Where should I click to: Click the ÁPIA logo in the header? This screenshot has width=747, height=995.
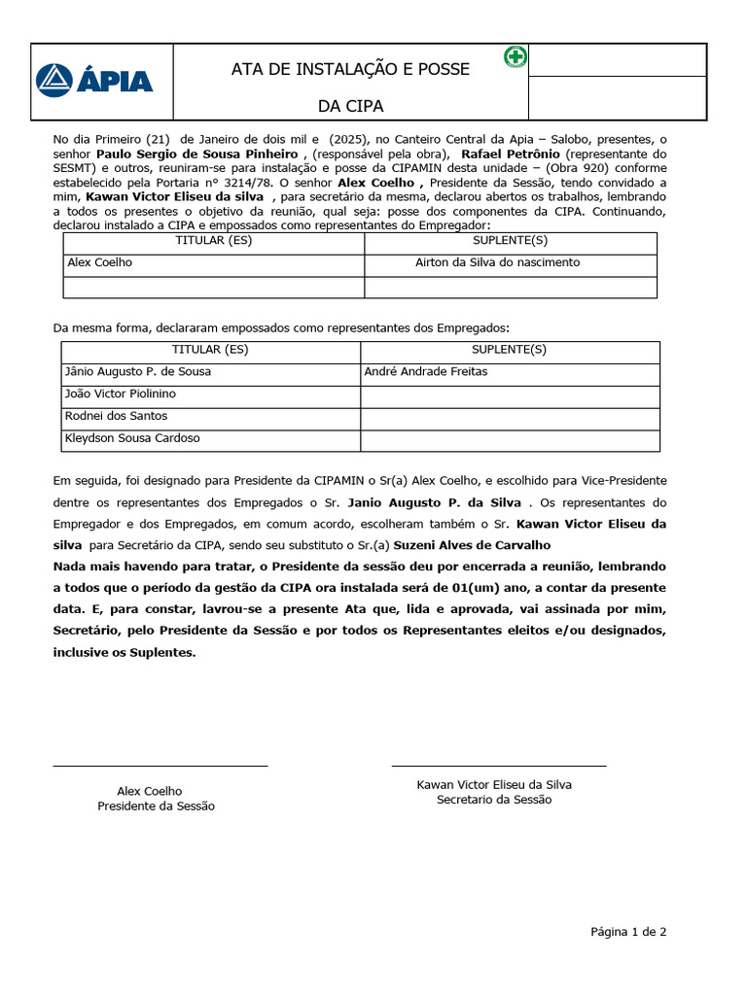(94, 80)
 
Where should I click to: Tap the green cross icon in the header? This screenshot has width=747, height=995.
(515, 57)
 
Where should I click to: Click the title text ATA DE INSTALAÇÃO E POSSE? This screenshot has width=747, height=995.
(350, 70)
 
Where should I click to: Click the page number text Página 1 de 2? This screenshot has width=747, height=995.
(628, 932)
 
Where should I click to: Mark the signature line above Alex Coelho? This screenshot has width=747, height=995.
(160, 767)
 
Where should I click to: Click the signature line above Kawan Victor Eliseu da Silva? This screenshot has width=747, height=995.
(498, 767)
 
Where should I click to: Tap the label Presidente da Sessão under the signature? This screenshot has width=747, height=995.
(156, 806)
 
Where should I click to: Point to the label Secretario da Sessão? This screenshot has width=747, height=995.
(494, 800)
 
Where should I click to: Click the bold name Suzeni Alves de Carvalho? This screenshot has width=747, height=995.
(472, 545)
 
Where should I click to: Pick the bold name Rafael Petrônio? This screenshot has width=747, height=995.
(511, 154)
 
